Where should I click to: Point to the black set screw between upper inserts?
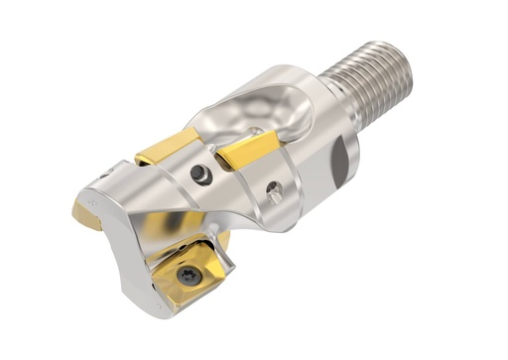click(x=201, y=174)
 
